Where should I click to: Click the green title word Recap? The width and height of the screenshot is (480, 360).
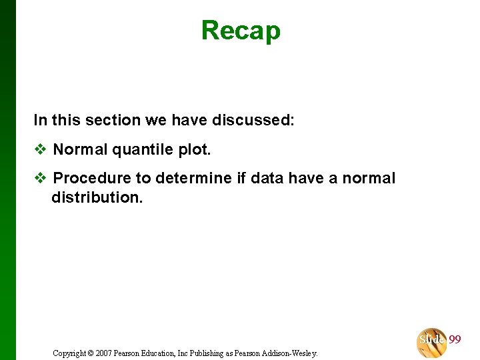[241, 31]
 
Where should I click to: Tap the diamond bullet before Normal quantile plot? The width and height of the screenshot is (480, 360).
[40, 149]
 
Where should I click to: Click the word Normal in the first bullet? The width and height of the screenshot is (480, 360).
[80, 149]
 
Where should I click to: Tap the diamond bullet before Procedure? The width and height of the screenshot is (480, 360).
[40, 178]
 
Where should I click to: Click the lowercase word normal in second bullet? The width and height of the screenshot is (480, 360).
[369, 178]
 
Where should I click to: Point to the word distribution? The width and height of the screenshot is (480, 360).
[97, 198]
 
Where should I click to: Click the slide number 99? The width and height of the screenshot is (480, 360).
[455, 340]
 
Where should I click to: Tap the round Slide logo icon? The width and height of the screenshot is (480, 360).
[432, 342]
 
